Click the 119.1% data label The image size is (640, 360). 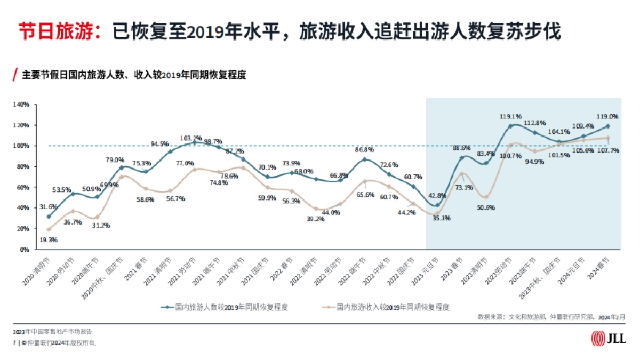pos(510,116)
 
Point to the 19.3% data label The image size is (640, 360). pos(49,240)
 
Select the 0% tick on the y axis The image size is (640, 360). pos(25,249)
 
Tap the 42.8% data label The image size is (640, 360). pos(437,196)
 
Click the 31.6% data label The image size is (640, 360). pos(49,207)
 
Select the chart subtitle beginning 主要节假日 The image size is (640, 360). pos(134,75)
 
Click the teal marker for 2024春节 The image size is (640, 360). pos(607,126)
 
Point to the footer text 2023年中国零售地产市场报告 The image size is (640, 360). pos(56,332)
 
